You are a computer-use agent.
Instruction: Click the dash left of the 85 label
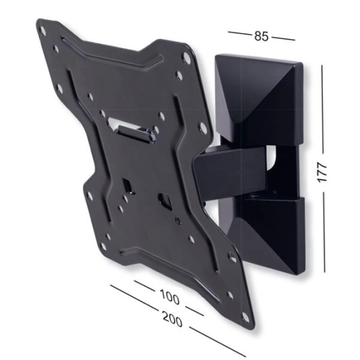237,32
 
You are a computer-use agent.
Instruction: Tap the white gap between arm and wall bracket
272,161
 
